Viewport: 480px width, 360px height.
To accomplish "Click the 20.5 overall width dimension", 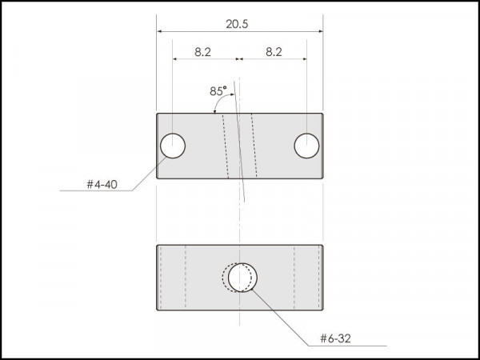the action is click(237, 24).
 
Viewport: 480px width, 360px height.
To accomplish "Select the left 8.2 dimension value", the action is click(202, 52).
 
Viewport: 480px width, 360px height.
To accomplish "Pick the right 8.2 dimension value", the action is click(274, 52).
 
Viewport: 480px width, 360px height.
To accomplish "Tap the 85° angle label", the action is click(218, 91).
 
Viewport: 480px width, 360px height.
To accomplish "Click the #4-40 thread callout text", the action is click(102, 185).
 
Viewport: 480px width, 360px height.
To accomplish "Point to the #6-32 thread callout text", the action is click(335, 338).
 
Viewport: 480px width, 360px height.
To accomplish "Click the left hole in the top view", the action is click(173, 146).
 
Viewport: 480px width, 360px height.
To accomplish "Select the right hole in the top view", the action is click(306, 146).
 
